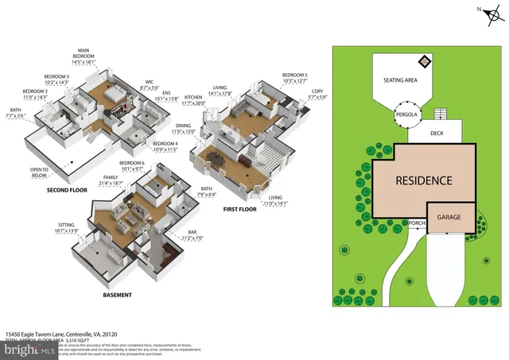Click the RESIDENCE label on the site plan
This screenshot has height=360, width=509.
[424, 180]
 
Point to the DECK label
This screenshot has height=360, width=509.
[437, 134]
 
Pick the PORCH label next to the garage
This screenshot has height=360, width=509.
[417, 223]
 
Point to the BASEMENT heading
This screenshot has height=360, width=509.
[117, 295]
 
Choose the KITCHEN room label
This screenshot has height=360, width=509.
[194, 99]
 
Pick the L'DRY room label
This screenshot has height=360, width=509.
[318, 93]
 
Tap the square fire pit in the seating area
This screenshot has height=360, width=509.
[425, 61]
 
